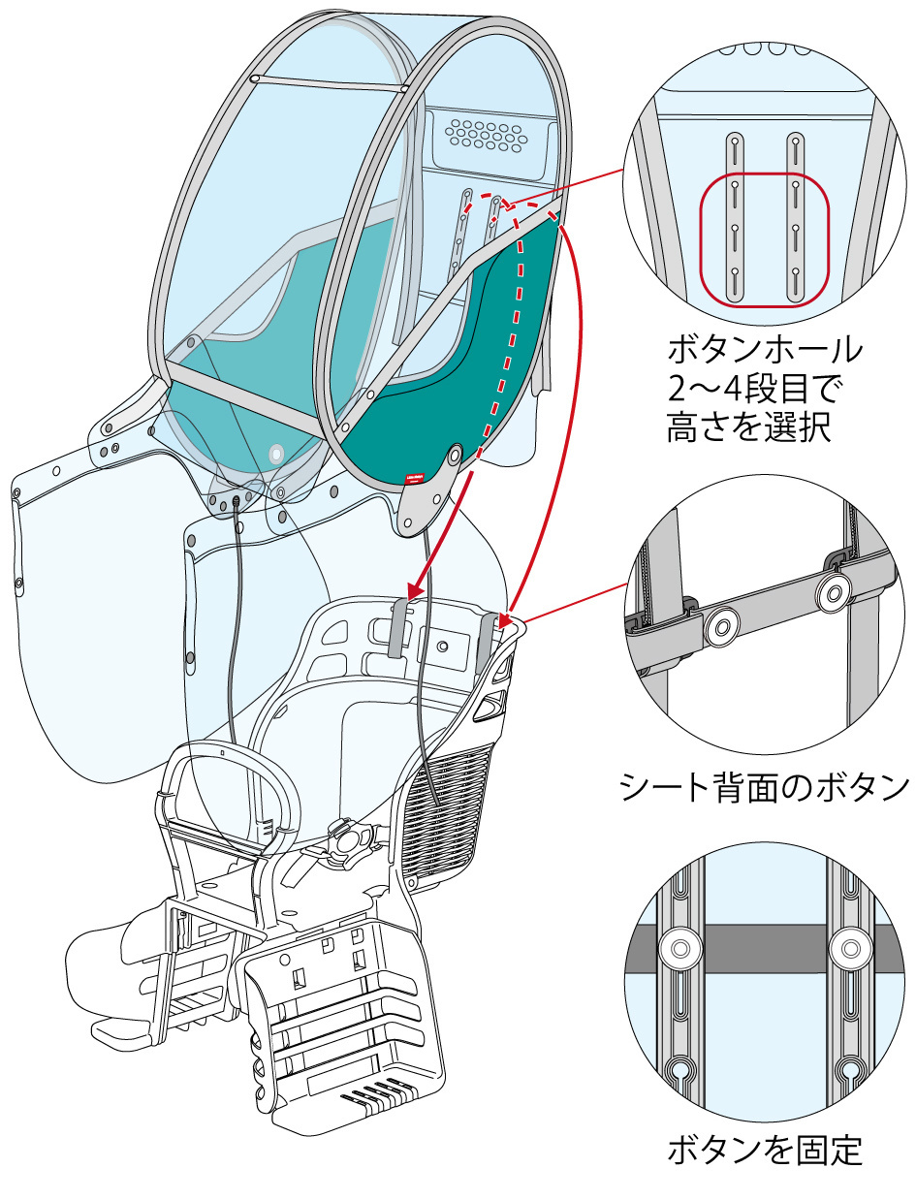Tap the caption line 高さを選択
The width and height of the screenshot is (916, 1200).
pos(749,427)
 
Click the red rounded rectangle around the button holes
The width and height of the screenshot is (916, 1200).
pos(765,237)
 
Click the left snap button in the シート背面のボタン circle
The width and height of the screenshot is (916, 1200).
pos(719,627)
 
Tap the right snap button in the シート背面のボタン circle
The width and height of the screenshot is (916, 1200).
pos(831,596)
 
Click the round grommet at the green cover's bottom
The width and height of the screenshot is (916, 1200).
pos(456,452)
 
